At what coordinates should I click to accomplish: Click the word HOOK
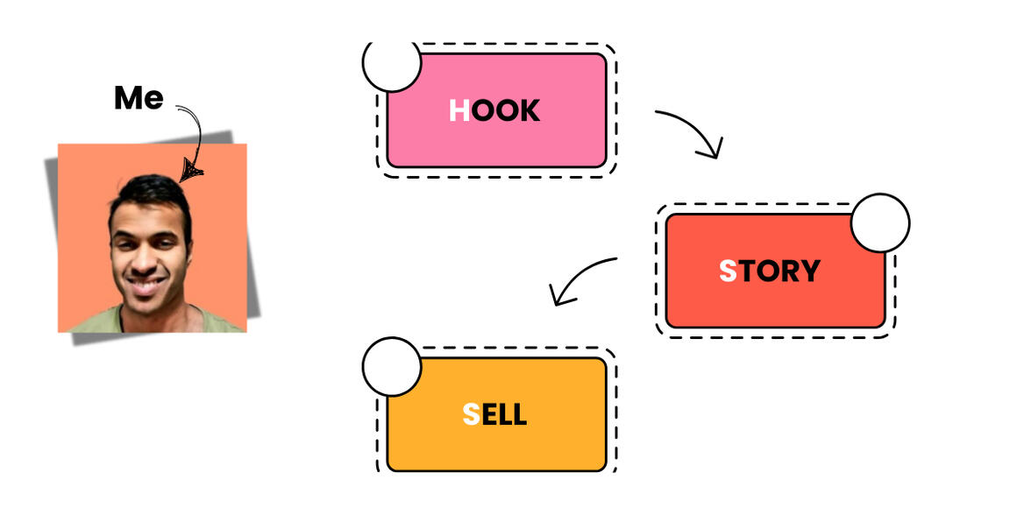pyautogui.click(x=494, y=110)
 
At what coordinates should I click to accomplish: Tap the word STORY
pyautogui.click(x=769, y=272)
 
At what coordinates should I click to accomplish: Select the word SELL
pyautogui.click(x=494, y=414)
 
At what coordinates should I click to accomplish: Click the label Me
pyautogui.click(x=139, y=98)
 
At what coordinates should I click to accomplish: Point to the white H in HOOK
pyautogui.click(x=459, y=110)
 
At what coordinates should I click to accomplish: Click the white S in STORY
pyautogui.click(x=728, y=272)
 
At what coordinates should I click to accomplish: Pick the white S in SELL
pyautogui.click(x=472, y=414)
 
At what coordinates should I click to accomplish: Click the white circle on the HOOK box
pyautogui.click(x=392, y=63)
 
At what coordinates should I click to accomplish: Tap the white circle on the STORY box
pyautogui.click(x=880, y=222)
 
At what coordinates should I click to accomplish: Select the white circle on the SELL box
pyautogui.click(x=392, y=366)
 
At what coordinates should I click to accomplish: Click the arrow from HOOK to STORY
pyautogui.click(x=693, y=130)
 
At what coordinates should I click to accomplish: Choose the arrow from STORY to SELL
pyautogui.click(x=580, y=279)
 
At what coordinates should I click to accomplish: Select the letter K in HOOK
pyautogui.click(x=529, y=110)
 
